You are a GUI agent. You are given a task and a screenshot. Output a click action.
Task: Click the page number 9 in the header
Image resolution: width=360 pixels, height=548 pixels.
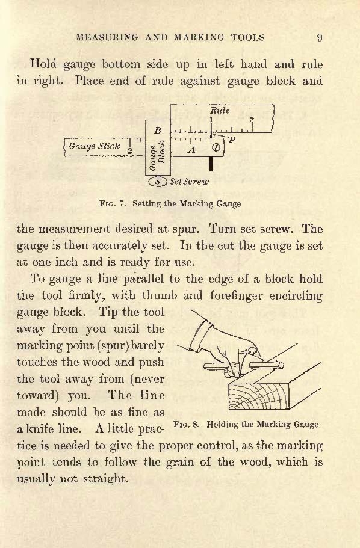(x=320, y=37)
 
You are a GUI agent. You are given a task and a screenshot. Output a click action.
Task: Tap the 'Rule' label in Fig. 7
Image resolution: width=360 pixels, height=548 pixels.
(x=220, y=111)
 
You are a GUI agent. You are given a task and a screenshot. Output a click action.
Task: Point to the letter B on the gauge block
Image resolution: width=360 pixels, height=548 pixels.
(x=158, y=131)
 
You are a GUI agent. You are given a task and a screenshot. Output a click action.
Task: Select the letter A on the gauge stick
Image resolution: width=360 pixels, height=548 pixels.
(x=191, y=150)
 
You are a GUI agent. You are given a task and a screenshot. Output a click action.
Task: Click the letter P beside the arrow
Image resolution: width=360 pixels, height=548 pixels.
(x=232, y=140)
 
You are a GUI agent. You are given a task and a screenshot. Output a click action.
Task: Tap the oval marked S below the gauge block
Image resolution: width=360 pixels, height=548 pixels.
(x=158, y=182)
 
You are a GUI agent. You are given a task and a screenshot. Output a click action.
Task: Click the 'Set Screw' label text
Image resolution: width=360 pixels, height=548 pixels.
(x=189, y=182)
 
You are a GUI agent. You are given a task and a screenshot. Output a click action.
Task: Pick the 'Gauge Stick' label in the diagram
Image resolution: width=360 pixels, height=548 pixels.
(x=95, y=146)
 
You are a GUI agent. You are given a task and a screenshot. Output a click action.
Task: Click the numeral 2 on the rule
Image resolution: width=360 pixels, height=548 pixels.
(x=252, y=120)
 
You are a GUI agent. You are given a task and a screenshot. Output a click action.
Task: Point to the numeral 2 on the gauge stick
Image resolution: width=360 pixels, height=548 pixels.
(x=130, y=150)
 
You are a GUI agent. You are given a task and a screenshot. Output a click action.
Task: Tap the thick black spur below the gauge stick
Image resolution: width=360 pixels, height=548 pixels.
(x=211, y=164)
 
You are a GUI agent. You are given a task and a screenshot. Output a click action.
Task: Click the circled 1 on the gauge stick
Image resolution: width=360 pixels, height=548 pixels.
(x=216, y=147)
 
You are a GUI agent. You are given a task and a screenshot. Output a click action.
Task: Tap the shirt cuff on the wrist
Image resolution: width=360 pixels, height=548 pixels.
(x=201, y=337)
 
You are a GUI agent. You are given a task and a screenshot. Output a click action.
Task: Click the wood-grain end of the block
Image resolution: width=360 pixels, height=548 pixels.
(x=259, y=395)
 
